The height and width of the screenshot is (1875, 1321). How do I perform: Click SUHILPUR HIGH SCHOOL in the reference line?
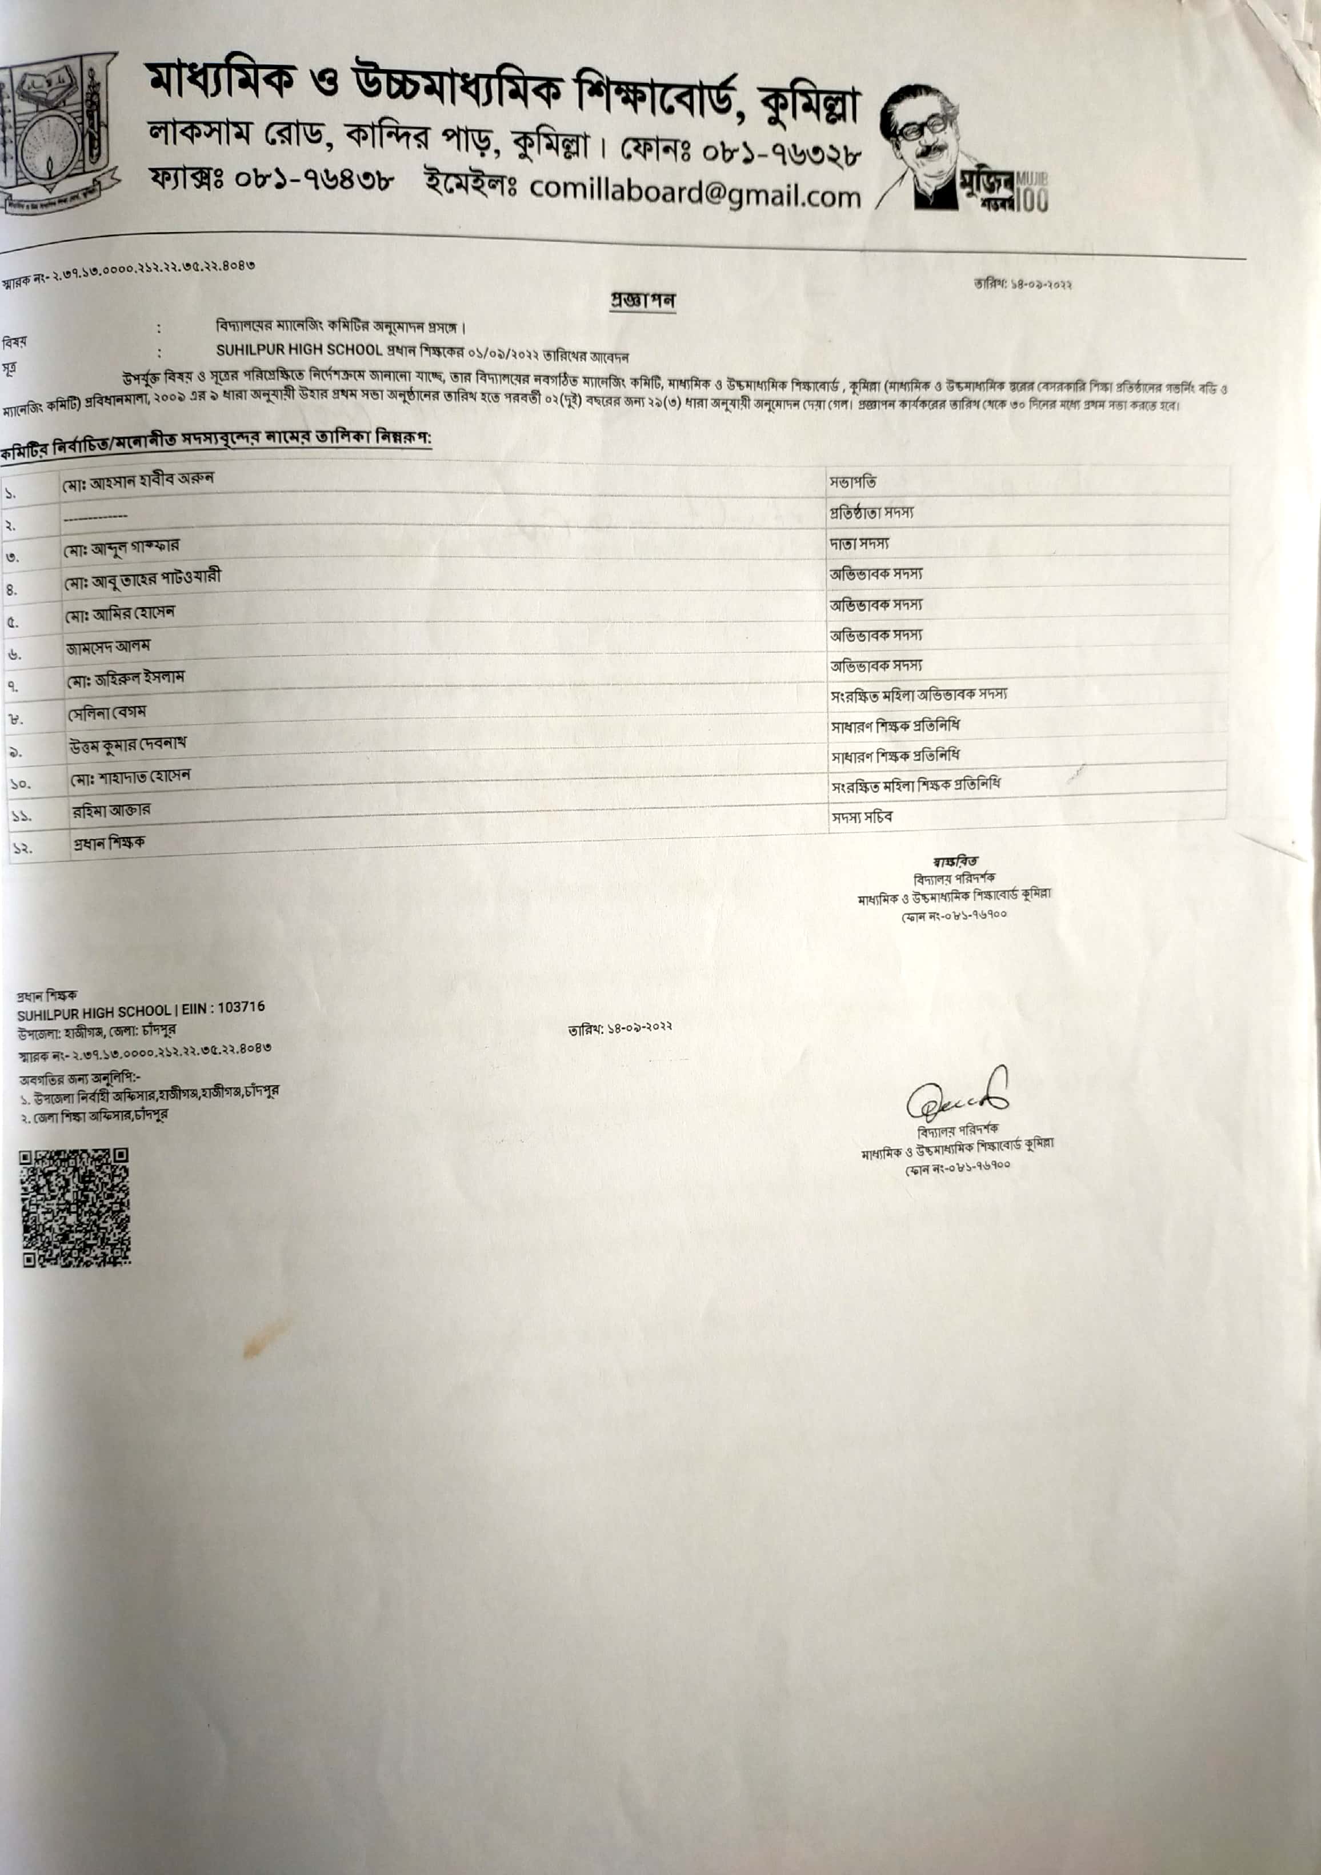(x=299, y=349)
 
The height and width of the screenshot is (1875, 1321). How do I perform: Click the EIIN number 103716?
(x=242, y=1008)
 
